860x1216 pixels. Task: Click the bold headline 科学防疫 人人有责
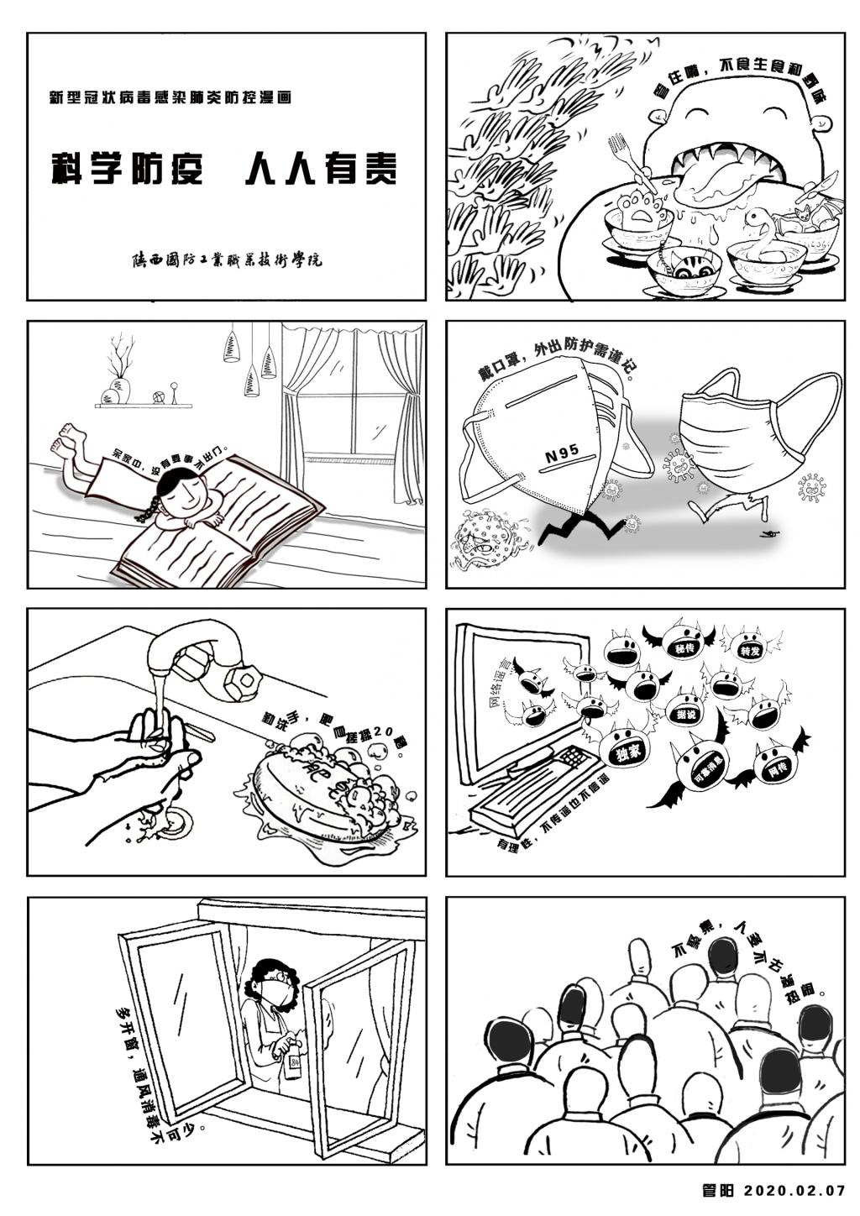[223, 169]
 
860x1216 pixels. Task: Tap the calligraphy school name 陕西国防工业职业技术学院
[227, 259]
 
